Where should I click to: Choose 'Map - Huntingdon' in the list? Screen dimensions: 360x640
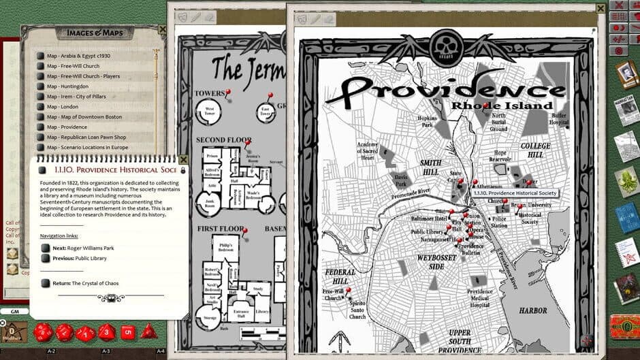point(67,86)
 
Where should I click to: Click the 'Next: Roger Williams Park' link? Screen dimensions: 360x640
point(83,248)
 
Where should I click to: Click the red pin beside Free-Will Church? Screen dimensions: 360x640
point(348,290)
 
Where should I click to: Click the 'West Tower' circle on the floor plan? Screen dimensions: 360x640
point(210,111)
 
